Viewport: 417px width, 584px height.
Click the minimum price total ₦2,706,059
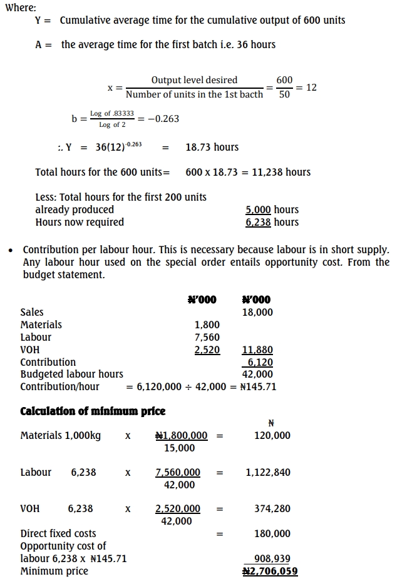[270, 571]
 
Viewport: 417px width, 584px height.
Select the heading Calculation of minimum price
[93, 411]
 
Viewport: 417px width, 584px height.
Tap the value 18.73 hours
[212, 148]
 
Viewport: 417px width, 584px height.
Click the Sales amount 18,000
[257, 312]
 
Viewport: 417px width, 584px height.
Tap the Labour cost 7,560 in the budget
[207, 337]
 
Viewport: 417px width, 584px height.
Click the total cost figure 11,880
[257, 350]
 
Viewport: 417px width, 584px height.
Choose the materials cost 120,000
[272, 435]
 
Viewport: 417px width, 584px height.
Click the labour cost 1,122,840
[268, 472]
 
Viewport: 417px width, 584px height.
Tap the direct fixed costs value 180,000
[272, 533]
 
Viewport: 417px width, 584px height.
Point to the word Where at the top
[20, 8]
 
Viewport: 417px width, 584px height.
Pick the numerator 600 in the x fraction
[284, 80]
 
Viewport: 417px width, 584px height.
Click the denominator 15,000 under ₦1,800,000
[179, 448]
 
